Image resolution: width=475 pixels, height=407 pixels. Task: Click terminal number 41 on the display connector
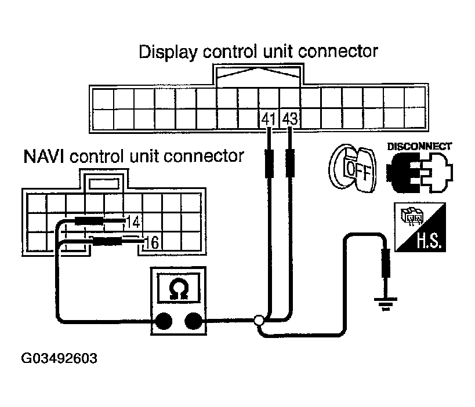pos(268,119)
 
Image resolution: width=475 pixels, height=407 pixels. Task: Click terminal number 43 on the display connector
pos(289,119)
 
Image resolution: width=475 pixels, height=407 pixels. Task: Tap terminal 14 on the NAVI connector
pos(133,221)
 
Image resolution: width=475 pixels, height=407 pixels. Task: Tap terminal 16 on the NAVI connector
pos(151,242)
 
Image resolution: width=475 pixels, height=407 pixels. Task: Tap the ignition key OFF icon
pos(352,168)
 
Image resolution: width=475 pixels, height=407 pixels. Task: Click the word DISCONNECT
pos(419,146)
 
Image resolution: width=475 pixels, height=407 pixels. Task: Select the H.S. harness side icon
pos(419,228)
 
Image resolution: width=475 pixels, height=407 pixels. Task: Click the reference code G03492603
pos(59,358)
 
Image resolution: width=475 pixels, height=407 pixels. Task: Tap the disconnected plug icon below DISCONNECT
pos(419,172)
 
